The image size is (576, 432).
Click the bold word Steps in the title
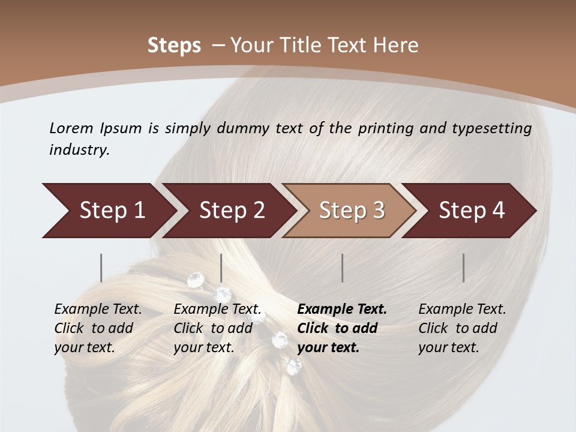coord(174,46)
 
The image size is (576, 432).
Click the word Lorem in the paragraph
coord(71,128)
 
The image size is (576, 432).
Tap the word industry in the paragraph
coord(79,150)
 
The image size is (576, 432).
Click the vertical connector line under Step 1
coord(101,268)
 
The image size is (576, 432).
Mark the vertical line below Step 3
coord(343,268)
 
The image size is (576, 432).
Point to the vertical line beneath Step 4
coord(464,268)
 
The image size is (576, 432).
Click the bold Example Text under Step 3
coord(342,310)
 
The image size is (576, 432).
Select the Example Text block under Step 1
coord(98,328)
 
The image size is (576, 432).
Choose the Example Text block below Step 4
coord(461,328)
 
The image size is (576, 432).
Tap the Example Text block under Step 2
coord(217,328)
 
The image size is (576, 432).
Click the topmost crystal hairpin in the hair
coord(196,279)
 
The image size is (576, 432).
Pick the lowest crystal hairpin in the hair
coord(294,366)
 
